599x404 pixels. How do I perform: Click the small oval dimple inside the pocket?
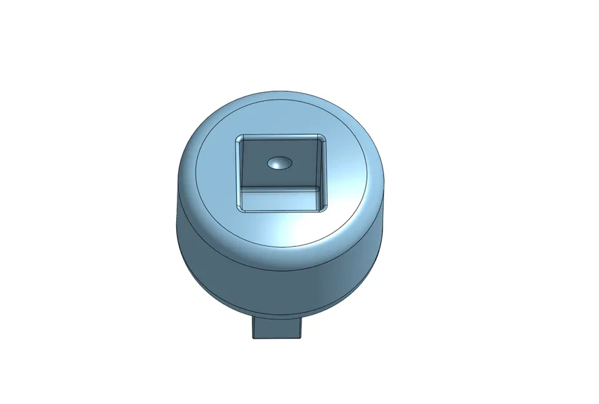279,164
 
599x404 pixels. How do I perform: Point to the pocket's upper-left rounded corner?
238,138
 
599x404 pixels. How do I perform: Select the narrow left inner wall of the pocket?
239,175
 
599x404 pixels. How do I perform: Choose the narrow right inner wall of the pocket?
323,175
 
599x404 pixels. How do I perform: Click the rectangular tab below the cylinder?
276,328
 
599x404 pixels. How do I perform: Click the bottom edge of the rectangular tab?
276,337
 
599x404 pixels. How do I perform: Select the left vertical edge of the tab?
252,328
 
